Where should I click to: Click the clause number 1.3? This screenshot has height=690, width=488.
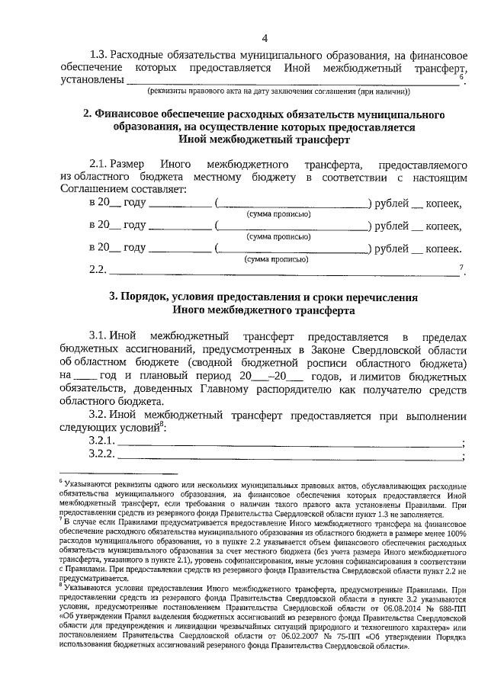[x=101, y=55]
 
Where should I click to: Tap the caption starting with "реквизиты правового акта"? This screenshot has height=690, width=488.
[x=278, y=92]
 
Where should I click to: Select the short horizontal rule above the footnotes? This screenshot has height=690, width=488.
[x=117, y=473]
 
